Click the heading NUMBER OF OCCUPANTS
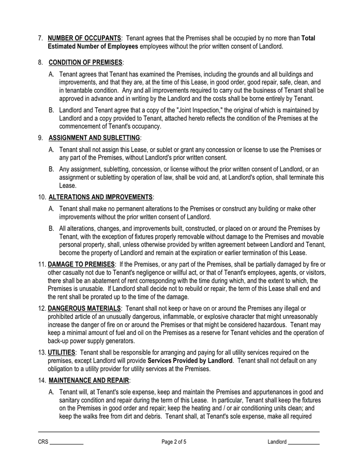85,38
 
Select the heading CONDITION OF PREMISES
85,63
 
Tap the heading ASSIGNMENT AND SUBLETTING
94,138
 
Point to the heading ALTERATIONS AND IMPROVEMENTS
100,197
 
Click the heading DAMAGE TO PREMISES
81,265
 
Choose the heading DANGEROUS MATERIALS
84,309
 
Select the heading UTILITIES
62,353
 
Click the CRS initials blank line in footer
66,443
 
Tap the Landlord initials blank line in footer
304,443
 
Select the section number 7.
40,38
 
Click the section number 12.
42,309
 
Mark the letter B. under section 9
52,169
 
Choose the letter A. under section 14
52,392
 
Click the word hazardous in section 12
271,325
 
